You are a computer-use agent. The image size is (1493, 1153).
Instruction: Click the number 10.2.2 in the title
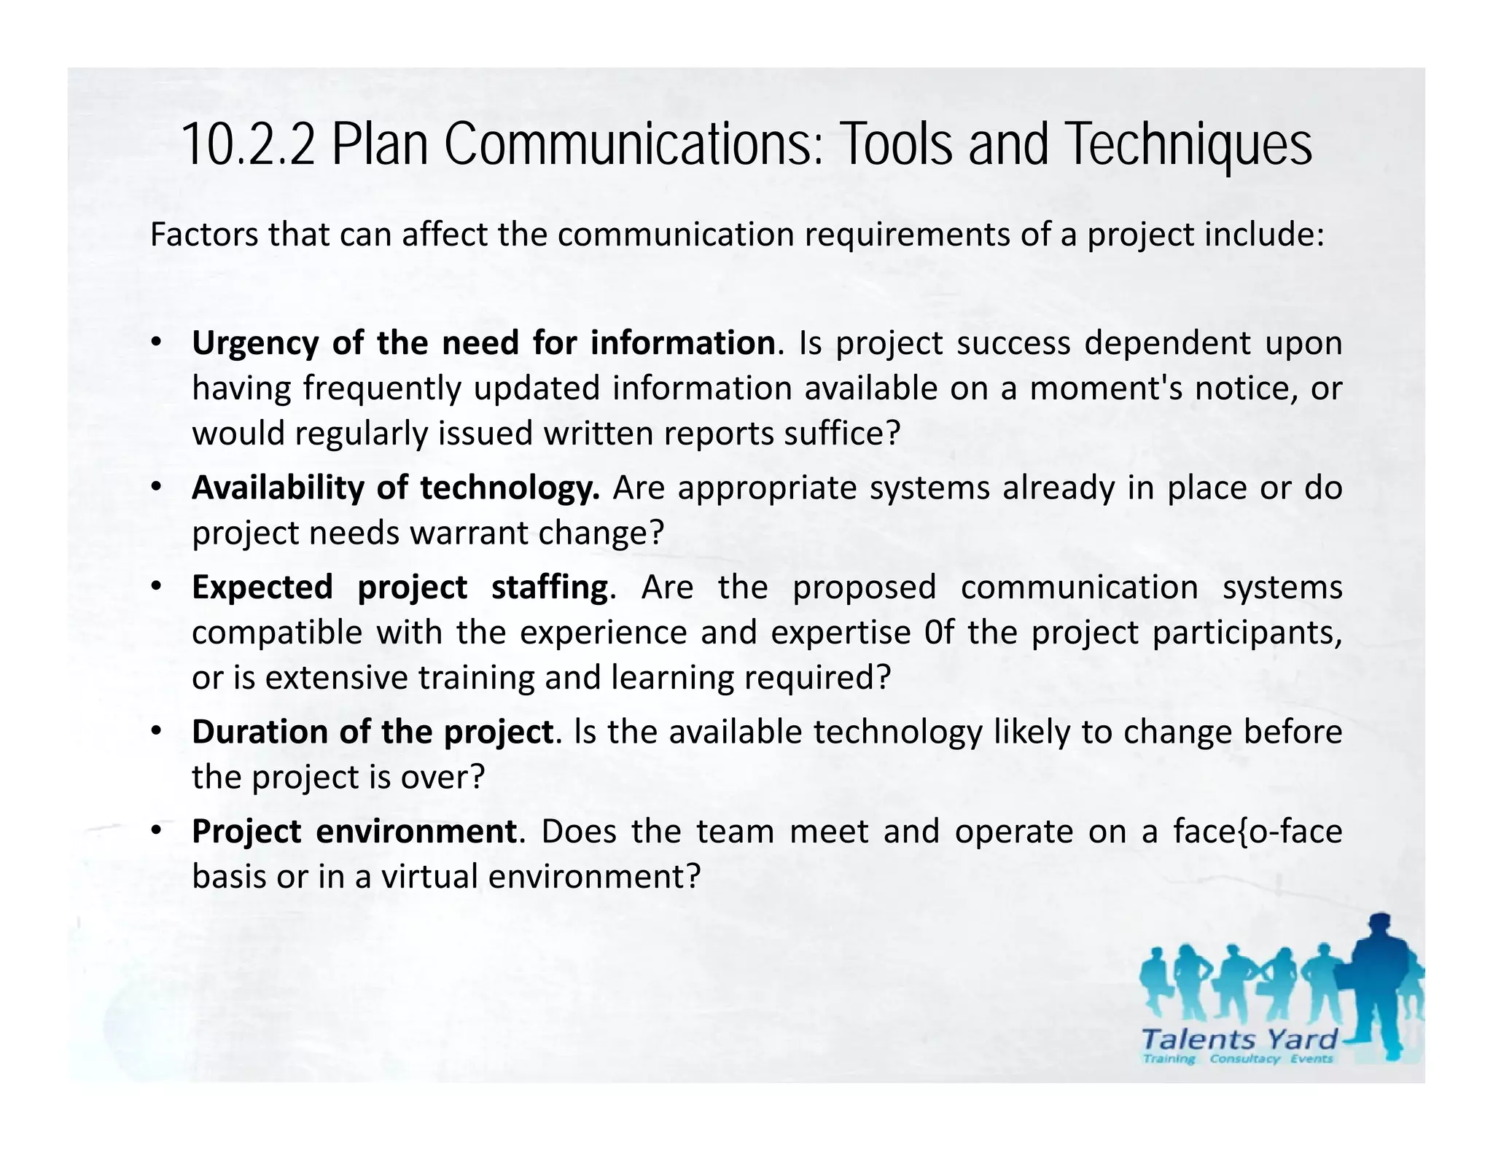point(248,144)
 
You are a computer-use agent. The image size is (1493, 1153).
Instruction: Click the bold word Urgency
point(254,343)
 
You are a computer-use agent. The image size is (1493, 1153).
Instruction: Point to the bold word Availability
point(278,488)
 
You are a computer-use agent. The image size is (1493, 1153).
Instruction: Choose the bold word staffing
point(549,587)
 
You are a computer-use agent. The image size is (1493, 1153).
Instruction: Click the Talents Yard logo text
point(1240,1039)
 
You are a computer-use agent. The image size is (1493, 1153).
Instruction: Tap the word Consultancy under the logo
point(1244,1058)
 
